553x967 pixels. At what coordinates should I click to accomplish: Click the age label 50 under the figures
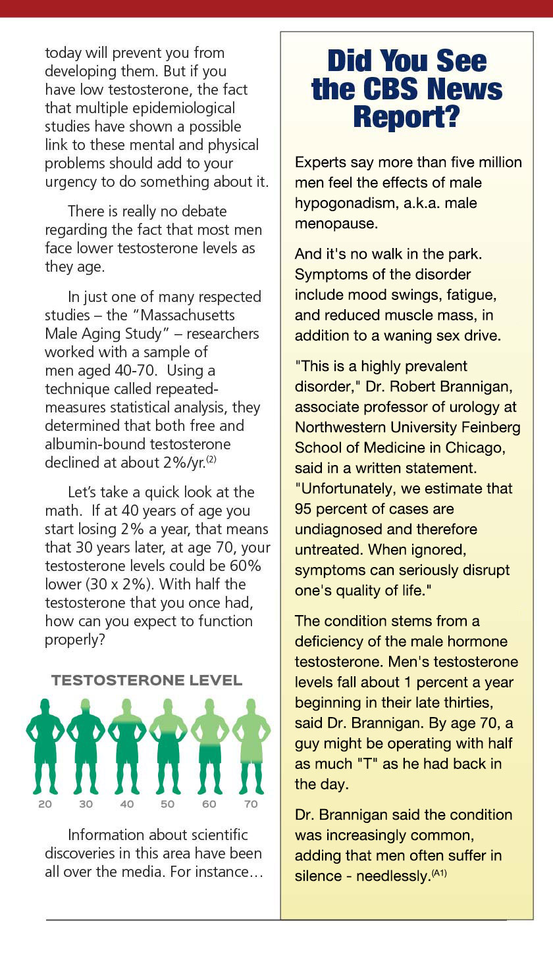pos(168,804)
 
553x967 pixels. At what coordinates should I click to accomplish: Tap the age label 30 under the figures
pos(86,804)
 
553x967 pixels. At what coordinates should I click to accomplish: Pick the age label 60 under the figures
pos(209,804)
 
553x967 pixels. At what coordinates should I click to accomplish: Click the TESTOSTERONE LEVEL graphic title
pos(147,680)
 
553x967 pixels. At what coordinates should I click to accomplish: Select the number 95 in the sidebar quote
pos(304,509)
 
